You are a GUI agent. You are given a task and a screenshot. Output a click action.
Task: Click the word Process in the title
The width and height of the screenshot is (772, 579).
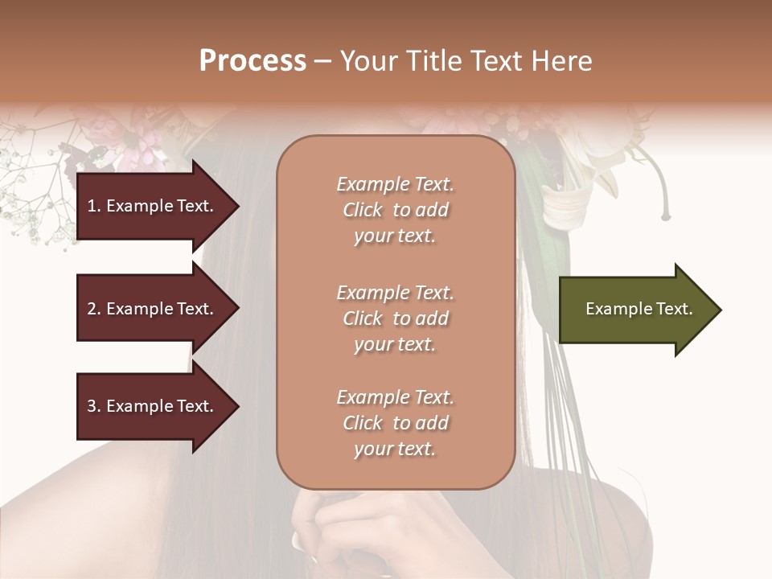pos(253,61)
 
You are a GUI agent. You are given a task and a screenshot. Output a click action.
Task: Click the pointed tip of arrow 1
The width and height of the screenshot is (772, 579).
pos(236,206)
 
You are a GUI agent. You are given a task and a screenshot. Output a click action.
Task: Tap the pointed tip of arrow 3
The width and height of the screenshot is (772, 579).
pos(236,406)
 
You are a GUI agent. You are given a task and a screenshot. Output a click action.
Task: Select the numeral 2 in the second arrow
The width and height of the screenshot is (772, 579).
pos(92,309)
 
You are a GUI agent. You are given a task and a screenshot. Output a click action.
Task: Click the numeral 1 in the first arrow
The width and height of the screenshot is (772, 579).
pos(92,206)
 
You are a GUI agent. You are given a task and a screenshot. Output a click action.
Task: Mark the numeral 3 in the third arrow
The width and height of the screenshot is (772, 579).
pos(92,406)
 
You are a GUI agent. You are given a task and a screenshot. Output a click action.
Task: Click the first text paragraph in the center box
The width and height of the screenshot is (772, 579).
pos(395,210)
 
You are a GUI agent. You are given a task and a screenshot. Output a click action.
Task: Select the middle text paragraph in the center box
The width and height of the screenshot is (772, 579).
pos(395,318)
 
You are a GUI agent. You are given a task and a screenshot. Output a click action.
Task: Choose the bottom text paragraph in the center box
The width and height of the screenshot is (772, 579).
pos(395,423)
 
